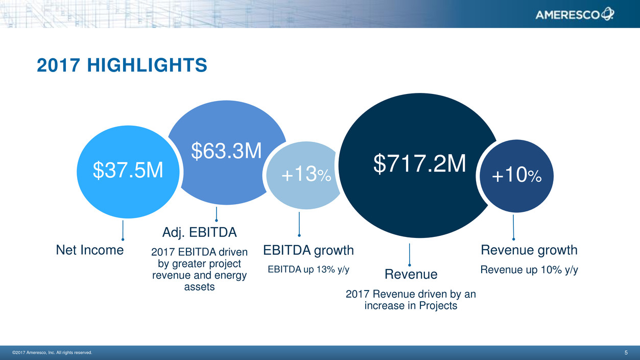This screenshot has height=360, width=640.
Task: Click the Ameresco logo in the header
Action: point(574,14)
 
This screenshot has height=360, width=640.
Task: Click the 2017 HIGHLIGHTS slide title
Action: point(122,65)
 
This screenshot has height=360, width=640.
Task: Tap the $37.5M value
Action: point(128,170)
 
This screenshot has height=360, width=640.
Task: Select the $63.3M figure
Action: point(226,151)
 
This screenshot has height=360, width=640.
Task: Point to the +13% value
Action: point(306,174)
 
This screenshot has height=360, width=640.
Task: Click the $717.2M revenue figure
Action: point(419,163)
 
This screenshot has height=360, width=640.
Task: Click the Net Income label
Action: point(90,250)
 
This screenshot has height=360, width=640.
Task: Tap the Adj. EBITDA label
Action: point(199,232)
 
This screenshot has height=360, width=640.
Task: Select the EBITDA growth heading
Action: point(309,250)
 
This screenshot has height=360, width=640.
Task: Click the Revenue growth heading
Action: point(529,250)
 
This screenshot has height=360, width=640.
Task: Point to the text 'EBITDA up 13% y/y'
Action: point(309,269)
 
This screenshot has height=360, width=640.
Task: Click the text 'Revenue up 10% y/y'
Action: point(529,270)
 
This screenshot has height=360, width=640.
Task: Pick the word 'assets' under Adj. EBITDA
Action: point(199,286)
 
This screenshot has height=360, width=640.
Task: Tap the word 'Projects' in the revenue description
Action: point(438,306)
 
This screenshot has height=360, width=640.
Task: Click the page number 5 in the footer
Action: point(626,352)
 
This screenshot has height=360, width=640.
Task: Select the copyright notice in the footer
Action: point(52,352)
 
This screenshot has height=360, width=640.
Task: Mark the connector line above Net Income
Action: point(123,230)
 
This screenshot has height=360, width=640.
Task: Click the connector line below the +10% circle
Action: point(513,228)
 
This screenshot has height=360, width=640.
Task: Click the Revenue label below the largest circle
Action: point(411,274)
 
